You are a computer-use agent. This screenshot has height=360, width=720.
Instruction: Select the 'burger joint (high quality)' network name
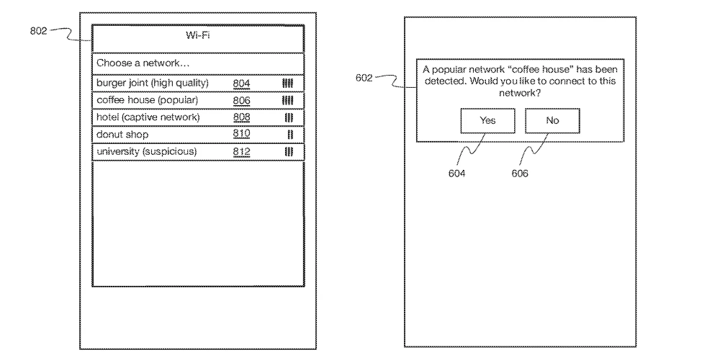pos(153,83)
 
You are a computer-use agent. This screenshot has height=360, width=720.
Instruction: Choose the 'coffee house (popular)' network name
pos(147,100)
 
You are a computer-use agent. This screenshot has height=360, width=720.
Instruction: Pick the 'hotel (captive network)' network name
pos(148,117)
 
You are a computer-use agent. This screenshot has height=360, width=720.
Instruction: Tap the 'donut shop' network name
pos(122,135)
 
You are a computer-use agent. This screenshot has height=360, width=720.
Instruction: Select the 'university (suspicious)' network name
pos(146,152)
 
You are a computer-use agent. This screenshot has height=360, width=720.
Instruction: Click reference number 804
pos(241,84)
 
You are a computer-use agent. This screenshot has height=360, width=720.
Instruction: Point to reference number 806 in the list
pos(241,101)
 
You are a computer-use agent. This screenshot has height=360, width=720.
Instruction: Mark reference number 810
pos(241,135)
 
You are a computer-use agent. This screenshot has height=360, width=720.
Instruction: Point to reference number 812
pos(241,152)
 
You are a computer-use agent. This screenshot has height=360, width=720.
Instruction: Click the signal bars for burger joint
pos(287,84)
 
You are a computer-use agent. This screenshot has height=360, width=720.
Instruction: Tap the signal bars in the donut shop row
pos(289,135)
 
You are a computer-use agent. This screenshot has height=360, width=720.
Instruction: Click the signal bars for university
pos(288,152)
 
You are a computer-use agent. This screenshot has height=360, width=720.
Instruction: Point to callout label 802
pos(40,31)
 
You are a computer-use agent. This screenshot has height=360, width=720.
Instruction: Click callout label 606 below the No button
pos(520,174)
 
